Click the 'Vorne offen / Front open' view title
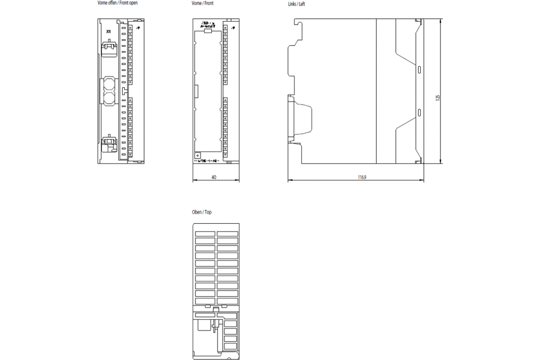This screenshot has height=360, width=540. tap(117, 3)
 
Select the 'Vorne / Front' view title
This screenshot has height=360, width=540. tap(202, 3)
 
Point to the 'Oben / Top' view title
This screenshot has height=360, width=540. tap(202, 212)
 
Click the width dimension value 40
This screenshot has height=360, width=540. tap(214, 177)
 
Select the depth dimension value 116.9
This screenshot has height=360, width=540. tap(362, 177)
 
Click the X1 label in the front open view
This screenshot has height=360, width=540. tap(108, 31)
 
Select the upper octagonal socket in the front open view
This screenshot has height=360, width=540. tap(109, 84)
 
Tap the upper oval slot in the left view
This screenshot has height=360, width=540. tap(419, 69)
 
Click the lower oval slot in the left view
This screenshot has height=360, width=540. tap(419, 112)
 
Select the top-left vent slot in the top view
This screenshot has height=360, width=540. tap(205, 234)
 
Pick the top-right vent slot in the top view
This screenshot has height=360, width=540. tap(227, 234)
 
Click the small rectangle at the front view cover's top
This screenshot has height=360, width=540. tap(207, 31)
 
